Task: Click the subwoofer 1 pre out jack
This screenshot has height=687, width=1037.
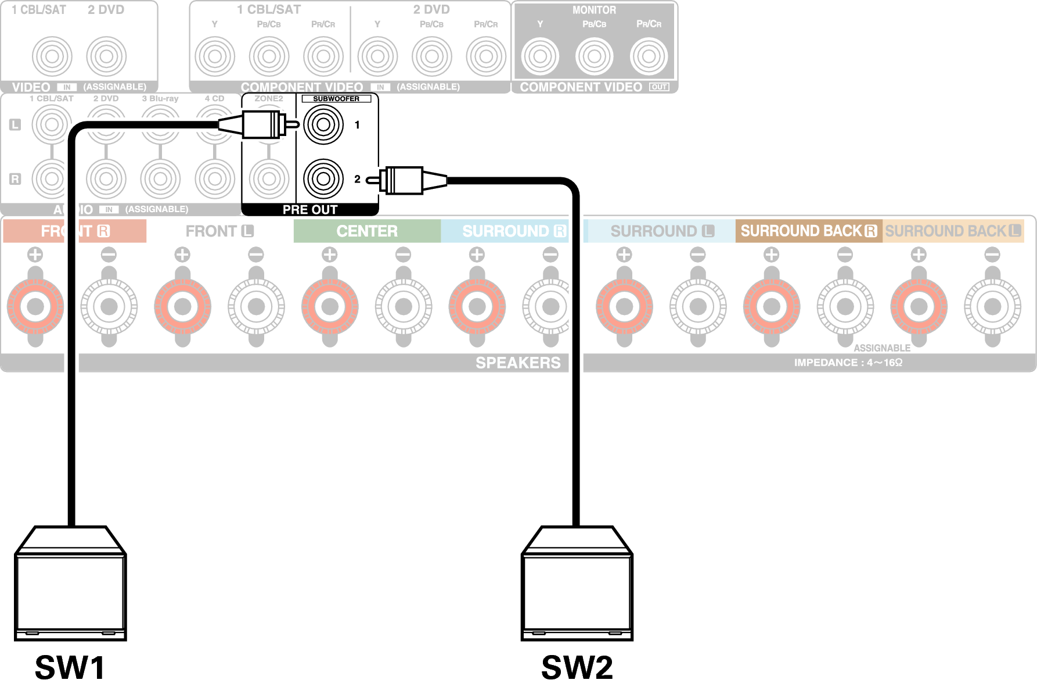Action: click(323, 124)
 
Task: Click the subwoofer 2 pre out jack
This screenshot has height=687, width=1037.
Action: click(323, 178)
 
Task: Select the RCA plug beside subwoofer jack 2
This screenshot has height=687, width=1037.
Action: click(406, 180)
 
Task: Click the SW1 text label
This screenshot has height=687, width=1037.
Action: click(70, 667)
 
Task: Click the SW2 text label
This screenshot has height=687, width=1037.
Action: click(577, 667)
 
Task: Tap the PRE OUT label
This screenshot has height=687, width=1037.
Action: click(309, 209)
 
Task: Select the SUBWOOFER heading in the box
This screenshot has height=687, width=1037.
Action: click(336, 99)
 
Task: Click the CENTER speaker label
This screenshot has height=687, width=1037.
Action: click(367, 231)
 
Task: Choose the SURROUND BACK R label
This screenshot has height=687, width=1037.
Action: click(808, 231)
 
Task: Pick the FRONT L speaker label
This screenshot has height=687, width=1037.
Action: click(219, 231)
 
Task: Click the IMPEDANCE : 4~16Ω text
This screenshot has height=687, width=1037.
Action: click(848, 363)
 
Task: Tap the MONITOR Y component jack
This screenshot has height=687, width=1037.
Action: click(540, 56)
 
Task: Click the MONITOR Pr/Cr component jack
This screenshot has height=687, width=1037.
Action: click(649, 56)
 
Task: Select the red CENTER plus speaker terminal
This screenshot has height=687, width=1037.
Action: click(330, 306)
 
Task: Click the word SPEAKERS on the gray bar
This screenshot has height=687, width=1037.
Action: click(518, 363)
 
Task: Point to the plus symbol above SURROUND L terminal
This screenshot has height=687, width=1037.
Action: click(624, 255)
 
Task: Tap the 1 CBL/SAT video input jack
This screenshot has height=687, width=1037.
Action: click(52, 56)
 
